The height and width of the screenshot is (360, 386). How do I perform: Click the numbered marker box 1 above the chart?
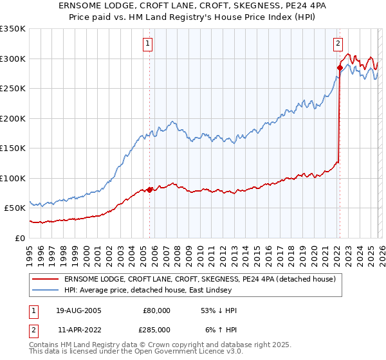point(148,44)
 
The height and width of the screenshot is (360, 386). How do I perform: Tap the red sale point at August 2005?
point(150,190)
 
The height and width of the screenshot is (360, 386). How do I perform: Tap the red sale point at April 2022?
point(340,67)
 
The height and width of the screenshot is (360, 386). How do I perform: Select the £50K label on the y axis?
point(15,208)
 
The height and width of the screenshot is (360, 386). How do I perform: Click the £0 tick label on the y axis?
point(21,238)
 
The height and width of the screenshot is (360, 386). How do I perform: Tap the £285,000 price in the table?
point(156,329)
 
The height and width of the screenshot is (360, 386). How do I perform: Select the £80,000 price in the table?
point(156,310)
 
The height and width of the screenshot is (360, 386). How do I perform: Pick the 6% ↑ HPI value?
point(221,329)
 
